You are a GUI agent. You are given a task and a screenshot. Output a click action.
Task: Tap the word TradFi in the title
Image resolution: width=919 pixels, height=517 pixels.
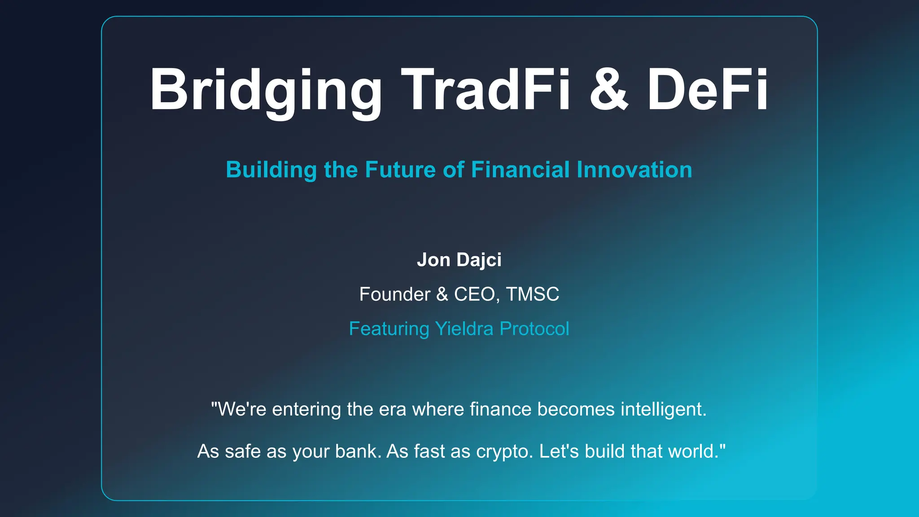click(486, 90)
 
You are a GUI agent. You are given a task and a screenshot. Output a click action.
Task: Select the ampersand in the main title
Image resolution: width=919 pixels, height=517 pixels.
click(608, 90)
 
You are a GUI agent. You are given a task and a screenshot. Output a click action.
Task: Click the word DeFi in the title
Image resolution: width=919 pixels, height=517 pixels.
click(708, 90)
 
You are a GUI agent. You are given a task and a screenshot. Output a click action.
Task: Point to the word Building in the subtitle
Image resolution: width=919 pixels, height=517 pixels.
click(271, 170)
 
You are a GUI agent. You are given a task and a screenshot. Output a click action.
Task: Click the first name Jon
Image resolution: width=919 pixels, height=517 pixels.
click(433, 260)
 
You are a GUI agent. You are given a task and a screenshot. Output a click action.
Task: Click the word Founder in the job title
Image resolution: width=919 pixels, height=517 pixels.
click(394, 294)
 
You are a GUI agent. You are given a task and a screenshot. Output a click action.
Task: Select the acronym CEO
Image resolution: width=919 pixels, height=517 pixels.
click(474, 294)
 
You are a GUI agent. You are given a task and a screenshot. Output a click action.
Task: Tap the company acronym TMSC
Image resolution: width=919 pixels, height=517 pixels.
click(533, 294)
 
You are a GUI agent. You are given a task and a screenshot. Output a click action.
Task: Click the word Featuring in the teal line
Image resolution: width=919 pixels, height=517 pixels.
click(389, 329)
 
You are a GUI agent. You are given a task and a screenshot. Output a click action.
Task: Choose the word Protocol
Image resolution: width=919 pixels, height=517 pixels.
click(534, 329)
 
